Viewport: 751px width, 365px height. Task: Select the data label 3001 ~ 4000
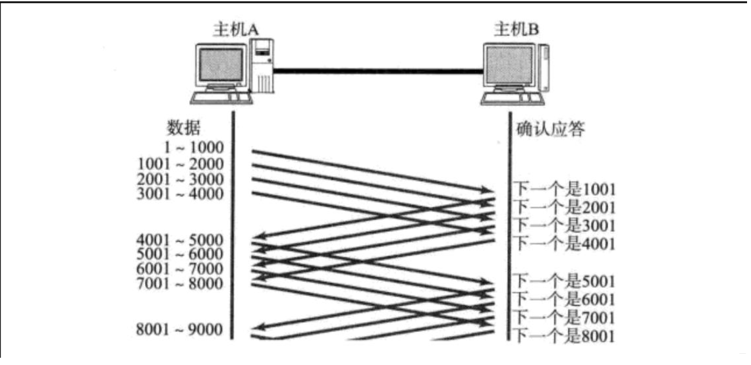(x=181, y=194)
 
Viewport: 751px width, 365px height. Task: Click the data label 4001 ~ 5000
(x=181, y=239)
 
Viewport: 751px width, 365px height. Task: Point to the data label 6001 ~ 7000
(x=181, y=269)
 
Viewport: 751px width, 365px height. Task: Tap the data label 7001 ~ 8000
(x=181, y=284)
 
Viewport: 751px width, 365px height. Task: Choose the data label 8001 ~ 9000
(x=181, y=329)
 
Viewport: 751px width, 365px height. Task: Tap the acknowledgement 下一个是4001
(x=564, y=242)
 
